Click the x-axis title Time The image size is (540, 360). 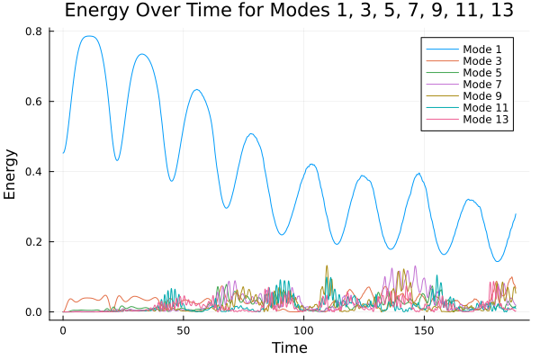click(290, 348)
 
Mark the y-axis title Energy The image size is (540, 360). click(12, 174)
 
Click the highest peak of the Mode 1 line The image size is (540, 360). click(87, 36)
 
